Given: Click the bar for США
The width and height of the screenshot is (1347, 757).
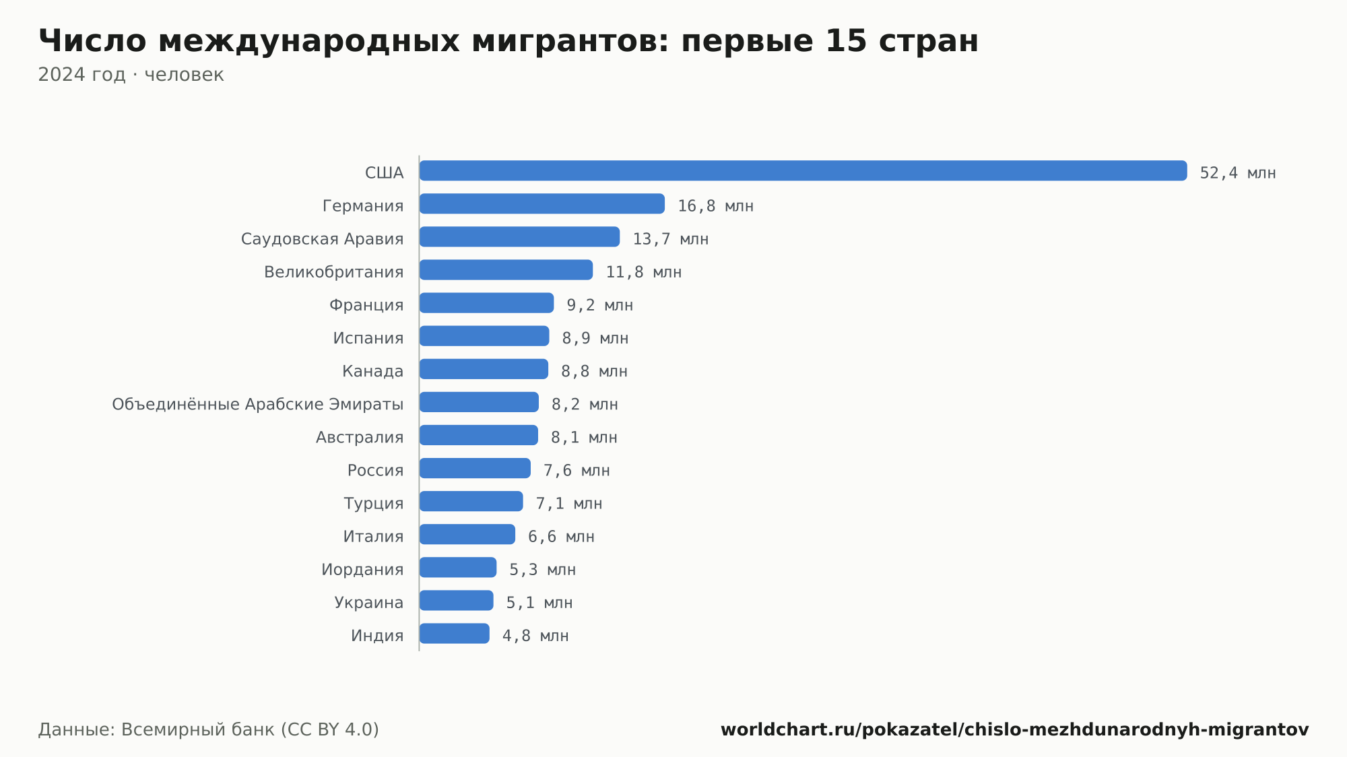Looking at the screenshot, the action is (803, 170).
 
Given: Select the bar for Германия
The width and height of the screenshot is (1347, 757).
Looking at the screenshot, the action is (542, 203).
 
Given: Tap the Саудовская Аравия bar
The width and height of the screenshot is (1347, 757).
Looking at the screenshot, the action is (519, 236).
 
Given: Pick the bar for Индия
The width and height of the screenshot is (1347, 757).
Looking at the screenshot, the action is (455, 633).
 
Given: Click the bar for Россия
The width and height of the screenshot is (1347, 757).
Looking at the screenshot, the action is (475, 468).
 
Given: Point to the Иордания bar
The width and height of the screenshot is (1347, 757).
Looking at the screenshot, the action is (458, 567).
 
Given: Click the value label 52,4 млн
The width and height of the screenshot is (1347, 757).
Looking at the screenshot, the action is (1238, 173).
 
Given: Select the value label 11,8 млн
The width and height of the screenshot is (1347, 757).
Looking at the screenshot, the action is (644, 272).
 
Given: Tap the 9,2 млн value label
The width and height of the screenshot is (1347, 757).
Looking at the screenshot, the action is (600, 305).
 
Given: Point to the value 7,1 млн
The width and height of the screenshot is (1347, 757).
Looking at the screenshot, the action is (569, 503).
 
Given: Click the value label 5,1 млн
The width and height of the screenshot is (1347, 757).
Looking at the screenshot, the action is (539, 602).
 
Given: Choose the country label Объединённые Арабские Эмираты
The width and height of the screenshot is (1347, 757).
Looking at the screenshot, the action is (258, 404).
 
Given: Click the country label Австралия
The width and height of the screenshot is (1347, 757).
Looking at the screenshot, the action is (360, 437).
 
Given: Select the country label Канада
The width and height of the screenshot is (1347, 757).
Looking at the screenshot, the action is (373, 371).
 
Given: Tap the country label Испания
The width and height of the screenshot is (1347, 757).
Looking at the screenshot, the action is (368, 338).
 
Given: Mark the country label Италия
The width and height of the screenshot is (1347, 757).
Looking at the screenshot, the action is (373, 536).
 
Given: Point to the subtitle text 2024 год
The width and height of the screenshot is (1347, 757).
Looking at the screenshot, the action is (81, 74).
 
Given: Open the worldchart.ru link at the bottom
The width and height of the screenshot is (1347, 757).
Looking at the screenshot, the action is (1015, 729).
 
